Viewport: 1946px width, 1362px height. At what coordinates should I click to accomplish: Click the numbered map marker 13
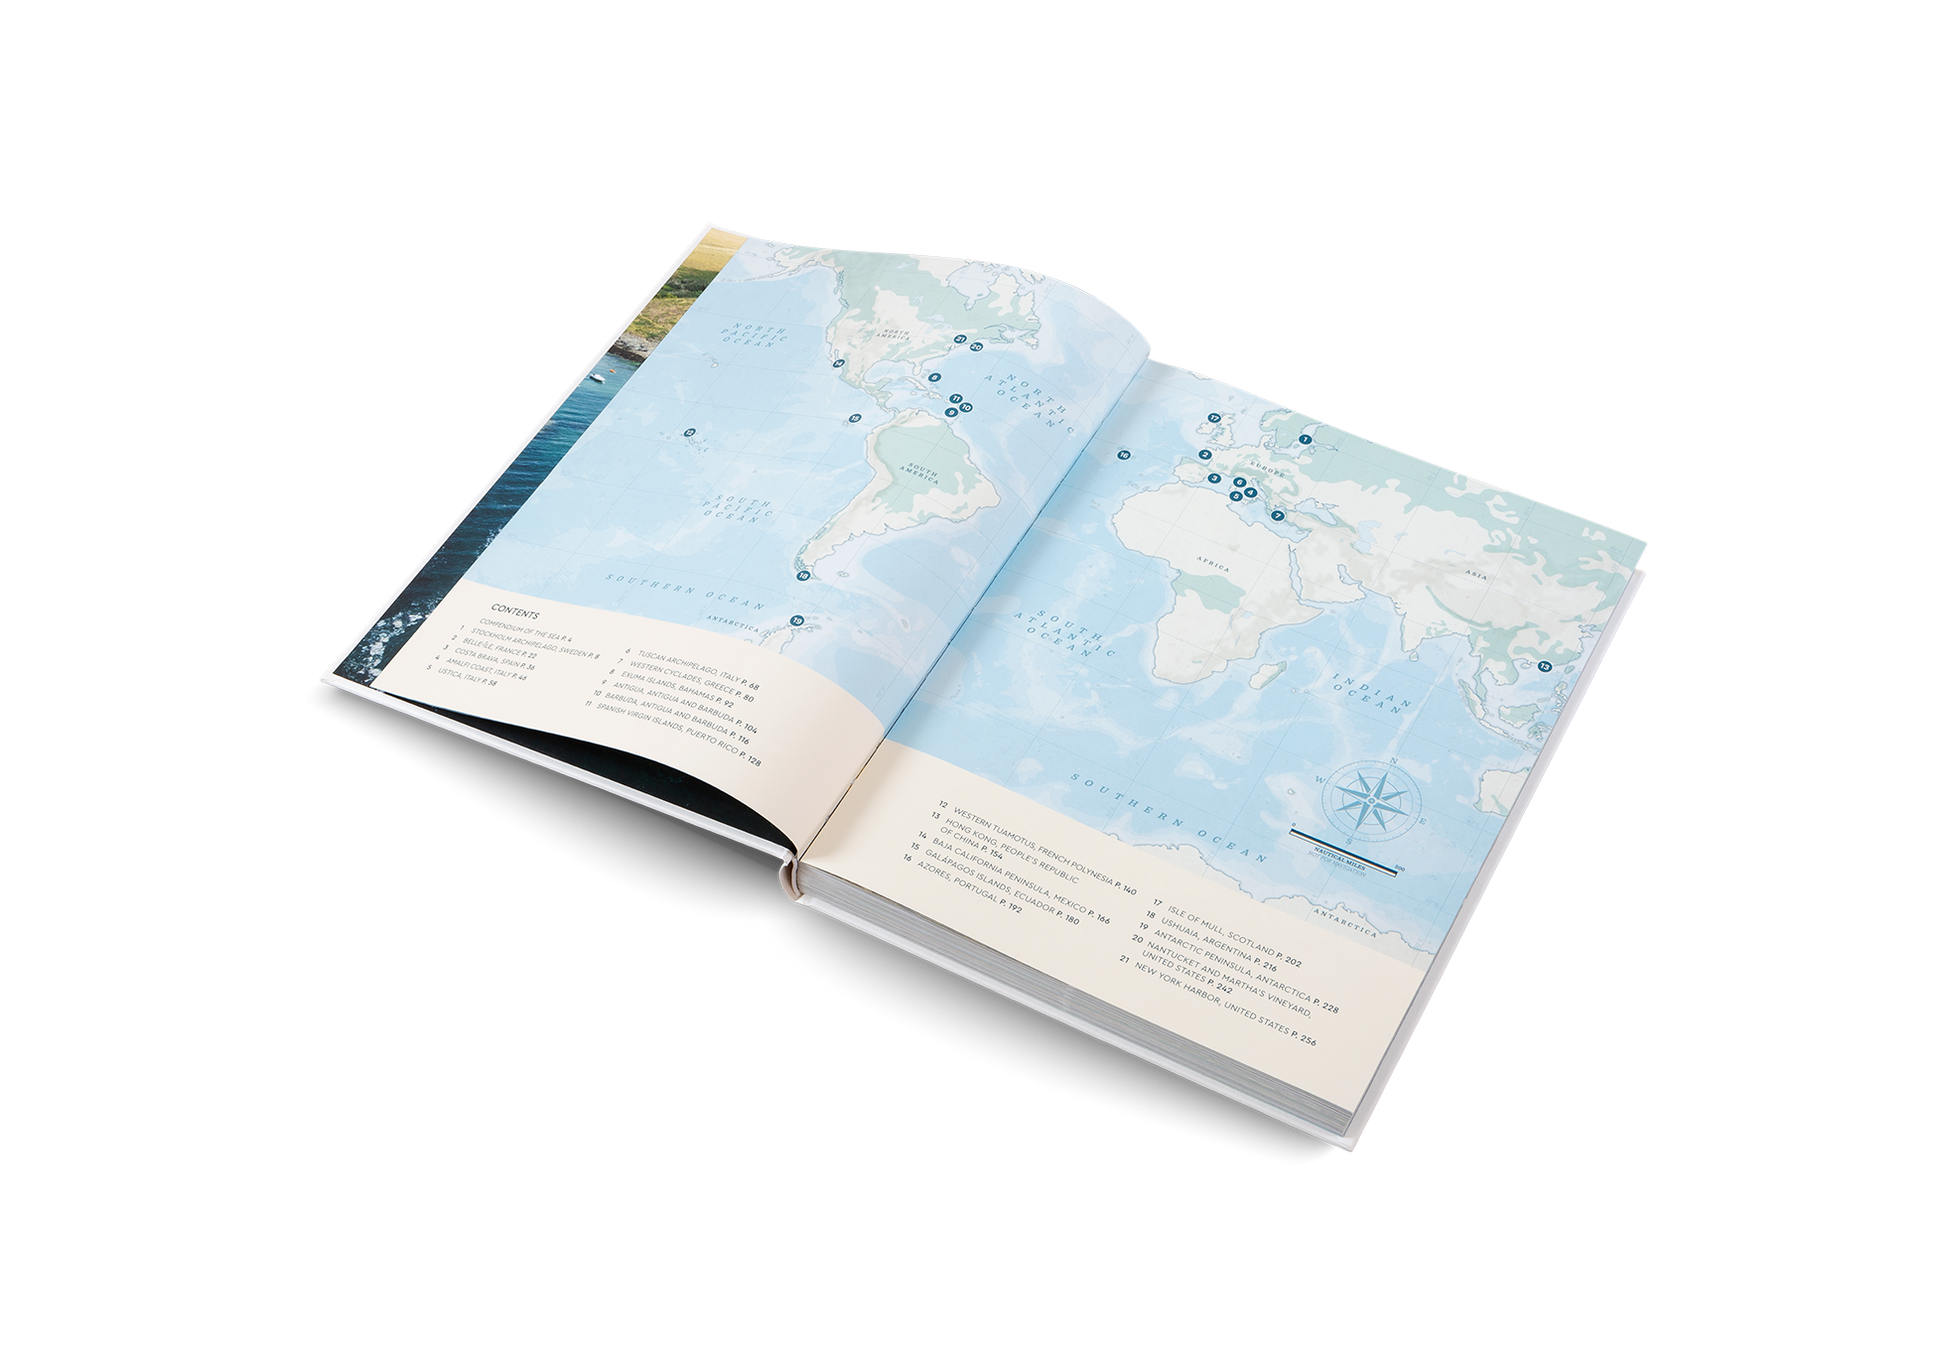tap(1545, 667)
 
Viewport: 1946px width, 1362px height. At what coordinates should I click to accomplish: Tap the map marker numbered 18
tap(802, 575)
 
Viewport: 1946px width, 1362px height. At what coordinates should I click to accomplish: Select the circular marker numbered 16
tap(1123, 455)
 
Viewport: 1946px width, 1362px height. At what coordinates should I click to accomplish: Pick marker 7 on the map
tap(1277, 515)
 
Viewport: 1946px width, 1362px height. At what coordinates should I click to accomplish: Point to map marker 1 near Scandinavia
tap(1304, 438)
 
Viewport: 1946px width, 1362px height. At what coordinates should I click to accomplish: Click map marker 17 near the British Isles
tap(1213, 417)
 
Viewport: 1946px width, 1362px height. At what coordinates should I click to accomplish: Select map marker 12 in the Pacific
tap(689, 433)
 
